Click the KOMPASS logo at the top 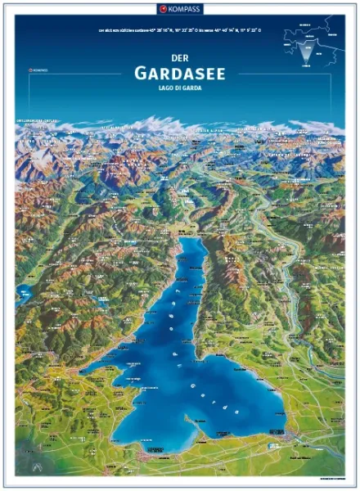coord(180,8)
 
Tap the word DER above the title coord(180,59)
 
